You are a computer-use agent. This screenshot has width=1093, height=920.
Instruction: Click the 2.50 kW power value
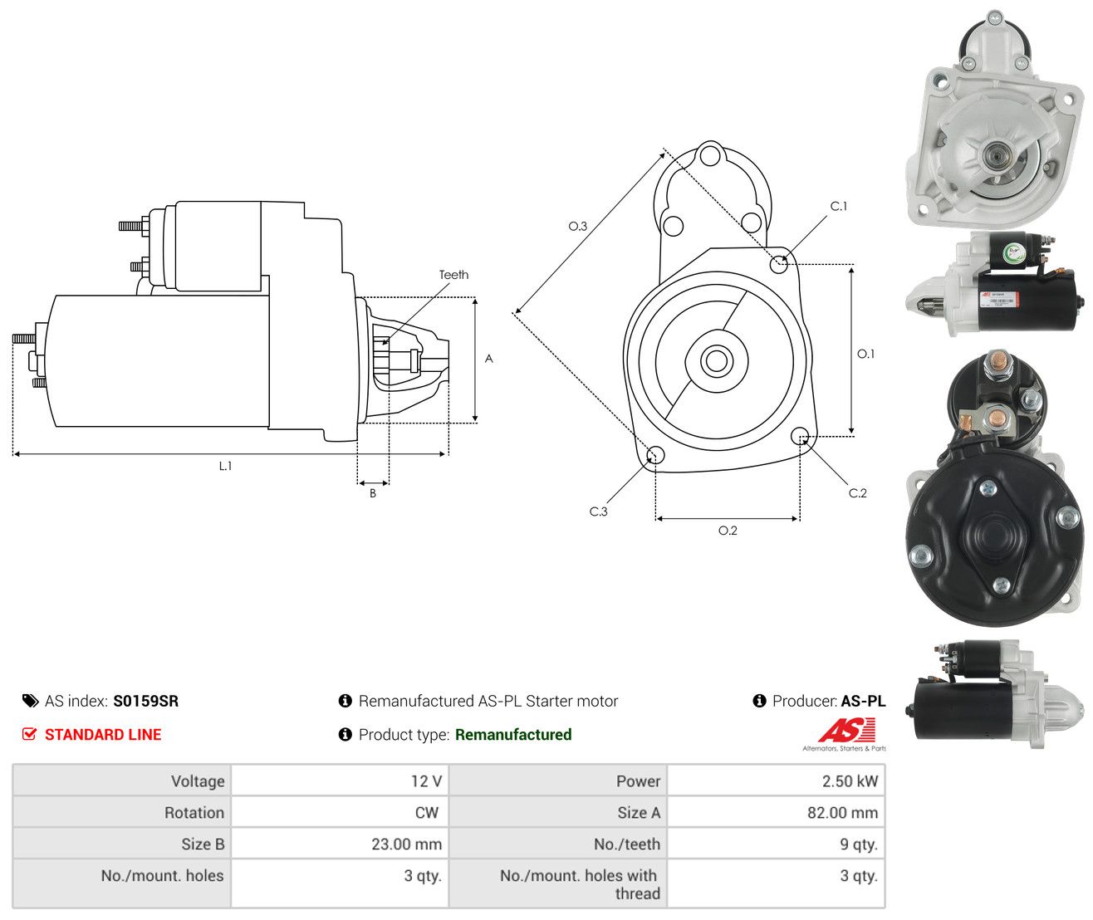849,781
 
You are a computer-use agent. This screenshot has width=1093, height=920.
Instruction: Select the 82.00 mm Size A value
841,812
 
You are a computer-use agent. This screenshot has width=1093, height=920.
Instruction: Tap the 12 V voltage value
426,781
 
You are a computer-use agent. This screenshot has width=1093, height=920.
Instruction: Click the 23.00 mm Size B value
406,844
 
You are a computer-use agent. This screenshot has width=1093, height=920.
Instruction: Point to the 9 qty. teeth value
859,844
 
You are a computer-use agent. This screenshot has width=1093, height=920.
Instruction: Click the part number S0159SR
145,701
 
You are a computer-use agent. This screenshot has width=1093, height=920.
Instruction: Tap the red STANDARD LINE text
103,734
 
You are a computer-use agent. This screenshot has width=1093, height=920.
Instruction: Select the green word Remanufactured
513,734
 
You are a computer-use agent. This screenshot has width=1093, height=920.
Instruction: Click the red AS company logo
846,731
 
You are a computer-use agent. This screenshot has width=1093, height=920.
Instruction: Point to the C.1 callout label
838,206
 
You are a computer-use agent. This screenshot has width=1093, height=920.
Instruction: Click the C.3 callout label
598,511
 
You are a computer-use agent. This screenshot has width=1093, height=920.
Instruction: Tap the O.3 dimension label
577,226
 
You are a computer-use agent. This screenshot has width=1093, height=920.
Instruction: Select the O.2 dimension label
727,531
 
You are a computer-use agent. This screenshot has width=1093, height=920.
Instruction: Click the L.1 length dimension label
225,466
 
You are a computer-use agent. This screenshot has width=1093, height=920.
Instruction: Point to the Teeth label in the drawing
453,275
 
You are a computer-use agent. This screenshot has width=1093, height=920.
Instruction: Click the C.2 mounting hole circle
800,436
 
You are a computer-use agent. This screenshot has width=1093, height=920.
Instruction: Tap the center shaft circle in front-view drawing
716,360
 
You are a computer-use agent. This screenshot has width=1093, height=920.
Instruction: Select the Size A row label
639,812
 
